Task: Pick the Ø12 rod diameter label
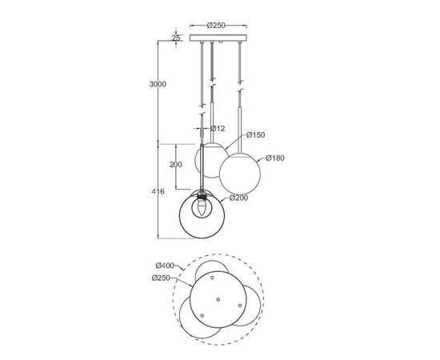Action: click(x=218, y=128)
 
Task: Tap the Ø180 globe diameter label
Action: click(x=275, y=158)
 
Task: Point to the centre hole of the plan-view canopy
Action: click(x=218, y=298)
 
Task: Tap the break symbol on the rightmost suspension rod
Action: click(x=239, y=80)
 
